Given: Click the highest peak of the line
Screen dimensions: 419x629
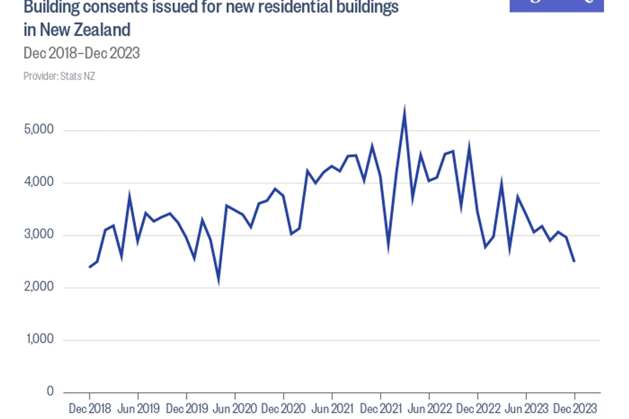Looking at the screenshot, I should coord(405,109).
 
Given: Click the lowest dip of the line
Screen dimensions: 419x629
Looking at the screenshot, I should coord(219,282).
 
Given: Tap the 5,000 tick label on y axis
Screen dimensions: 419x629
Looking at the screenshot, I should coord(39,130).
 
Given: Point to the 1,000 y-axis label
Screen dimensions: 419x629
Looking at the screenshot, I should coord(40,339).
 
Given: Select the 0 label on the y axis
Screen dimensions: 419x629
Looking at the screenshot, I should coord(50,391).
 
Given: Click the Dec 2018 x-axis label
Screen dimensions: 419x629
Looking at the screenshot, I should coord(90,409).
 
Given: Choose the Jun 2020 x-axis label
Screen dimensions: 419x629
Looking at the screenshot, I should coord(235,409).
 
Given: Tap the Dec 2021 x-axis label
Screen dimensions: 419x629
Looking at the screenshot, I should coord(381,409).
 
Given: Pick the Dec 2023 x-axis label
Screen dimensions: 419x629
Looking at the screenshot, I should coord(575,409).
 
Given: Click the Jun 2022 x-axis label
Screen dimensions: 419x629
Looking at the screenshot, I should coord(429,409).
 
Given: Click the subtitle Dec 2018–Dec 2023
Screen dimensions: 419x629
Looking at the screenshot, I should coord(82,53).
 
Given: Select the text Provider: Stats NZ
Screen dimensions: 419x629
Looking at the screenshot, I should coord(59,76).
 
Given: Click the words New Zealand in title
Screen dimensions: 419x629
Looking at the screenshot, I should coord(85,30).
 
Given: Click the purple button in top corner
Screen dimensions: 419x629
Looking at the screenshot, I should coord(556,5).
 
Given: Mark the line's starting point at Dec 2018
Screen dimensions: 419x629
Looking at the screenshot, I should coord(90,267).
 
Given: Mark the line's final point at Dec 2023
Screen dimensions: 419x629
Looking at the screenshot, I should coord(574,262).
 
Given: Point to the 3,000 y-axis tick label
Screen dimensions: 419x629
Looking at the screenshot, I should coord(39,234).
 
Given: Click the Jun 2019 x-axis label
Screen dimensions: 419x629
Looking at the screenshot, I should coord(138,409).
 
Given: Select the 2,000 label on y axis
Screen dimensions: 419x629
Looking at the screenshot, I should coord(39,287).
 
